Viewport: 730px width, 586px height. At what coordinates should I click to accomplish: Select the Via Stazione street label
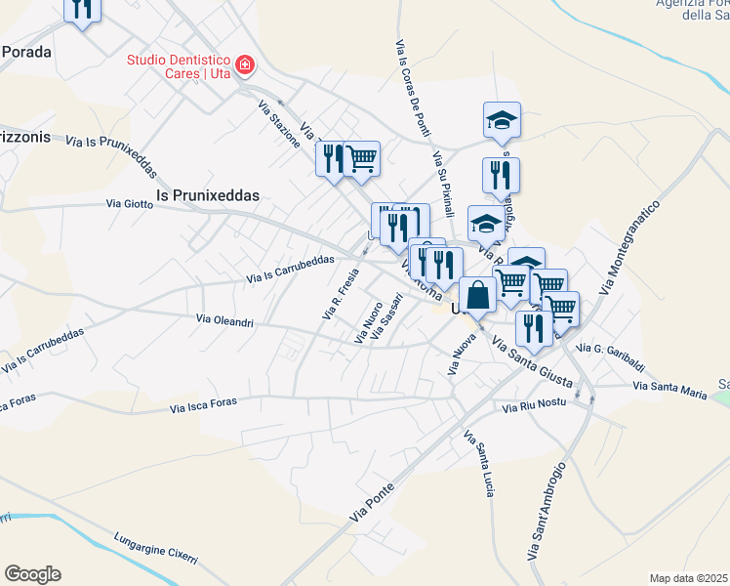pos(279,123)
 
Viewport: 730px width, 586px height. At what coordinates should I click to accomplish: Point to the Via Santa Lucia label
pos(477,463)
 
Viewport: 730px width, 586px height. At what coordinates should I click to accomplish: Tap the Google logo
pos(32,574)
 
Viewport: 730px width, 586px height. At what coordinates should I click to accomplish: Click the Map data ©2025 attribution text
pos(688,578)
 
